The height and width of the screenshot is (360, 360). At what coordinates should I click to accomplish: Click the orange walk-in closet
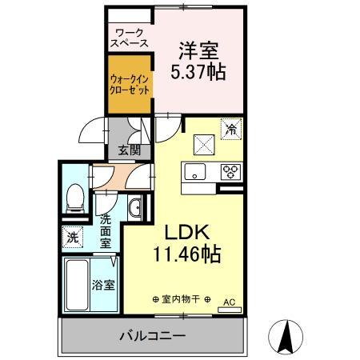pyautogui.click(x=129, y=84)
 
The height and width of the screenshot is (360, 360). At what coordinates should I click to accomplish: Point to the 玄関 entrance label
pyautogui.click(x=129, y=149)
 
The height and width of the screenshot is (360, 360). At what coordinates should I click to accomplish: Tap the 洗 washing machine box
pyautogui.click(x=73, y=237)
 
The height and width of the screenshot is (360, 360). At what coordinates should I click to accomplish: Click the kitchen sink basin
pyautogui.click(x=196, y=170)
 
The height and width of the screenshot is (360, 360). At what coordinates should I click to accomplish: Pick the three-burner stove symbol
pyautogui.click(x=231, y=170)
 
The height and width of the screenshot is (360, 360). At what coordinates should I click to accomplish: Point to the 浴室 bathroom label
pyautogui.click(x=102, y=284)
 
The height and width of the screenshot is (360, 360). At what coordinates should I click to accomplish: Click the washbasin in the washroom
pyautogui.click(x=134, y=209)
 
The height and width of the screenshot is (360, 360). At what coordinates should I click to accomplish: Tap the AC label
pyautogui.click(x=229, y=303)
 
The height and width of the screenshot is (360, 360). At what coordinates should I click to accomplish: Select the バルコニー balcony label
pyautogui.click(x=153, y=335)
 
